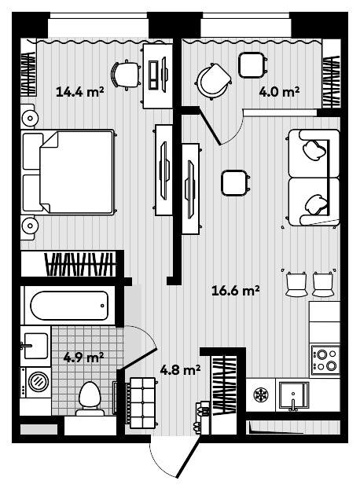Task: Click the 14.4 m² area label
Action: (x=80, y=92)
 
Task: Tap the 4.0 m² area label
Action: (x=279, y=92)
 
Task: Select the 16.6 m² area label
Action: (x=236, y=291)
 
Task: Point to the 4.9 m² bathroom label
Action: (x=83, y=358)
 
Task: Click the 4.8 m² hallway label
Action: (x=180, y=370)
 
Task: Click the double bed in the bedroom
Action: (x=68, y=172)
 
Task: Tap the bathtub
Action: (x=69, y=306)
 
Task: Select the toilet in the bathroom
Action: (x=90, y=399)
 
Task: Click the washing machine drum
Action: (x=39, y=381)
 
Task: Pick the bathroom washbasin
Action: (x=35, y=346)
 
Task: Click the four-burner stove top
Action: (x=325, y=360)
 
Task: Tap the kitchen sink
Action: (x=294, y=395)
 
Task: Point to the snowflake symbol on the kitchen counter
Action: (x=261, y=394)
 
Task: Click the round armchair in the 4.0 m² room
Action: (x=213, y=81)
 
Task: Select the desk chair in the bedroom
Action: (x=126, y=75)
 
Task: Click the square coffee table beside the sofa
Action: (x=234, y=182)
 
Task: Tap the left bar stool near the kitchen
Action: (x=296, y=284)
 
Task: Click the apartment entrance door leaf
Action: (x=188, y=457)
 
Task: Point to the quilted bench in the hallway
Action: (x=142, y=403)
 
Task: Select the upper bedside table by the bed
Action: (x=28, y=117)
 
